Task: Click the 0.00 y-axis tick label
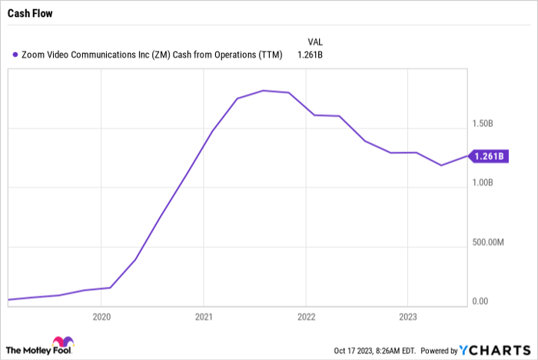[481, 302]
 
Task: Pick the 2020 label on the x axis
[101, 316]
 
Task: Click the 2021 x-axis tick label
[204, 316]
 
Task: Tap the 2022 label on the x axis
[306, 316]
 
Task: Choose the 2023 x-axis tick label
[408, 316]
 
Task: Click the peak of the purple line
[263, 91]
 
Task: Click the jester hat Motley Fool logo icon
[61, 345]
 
